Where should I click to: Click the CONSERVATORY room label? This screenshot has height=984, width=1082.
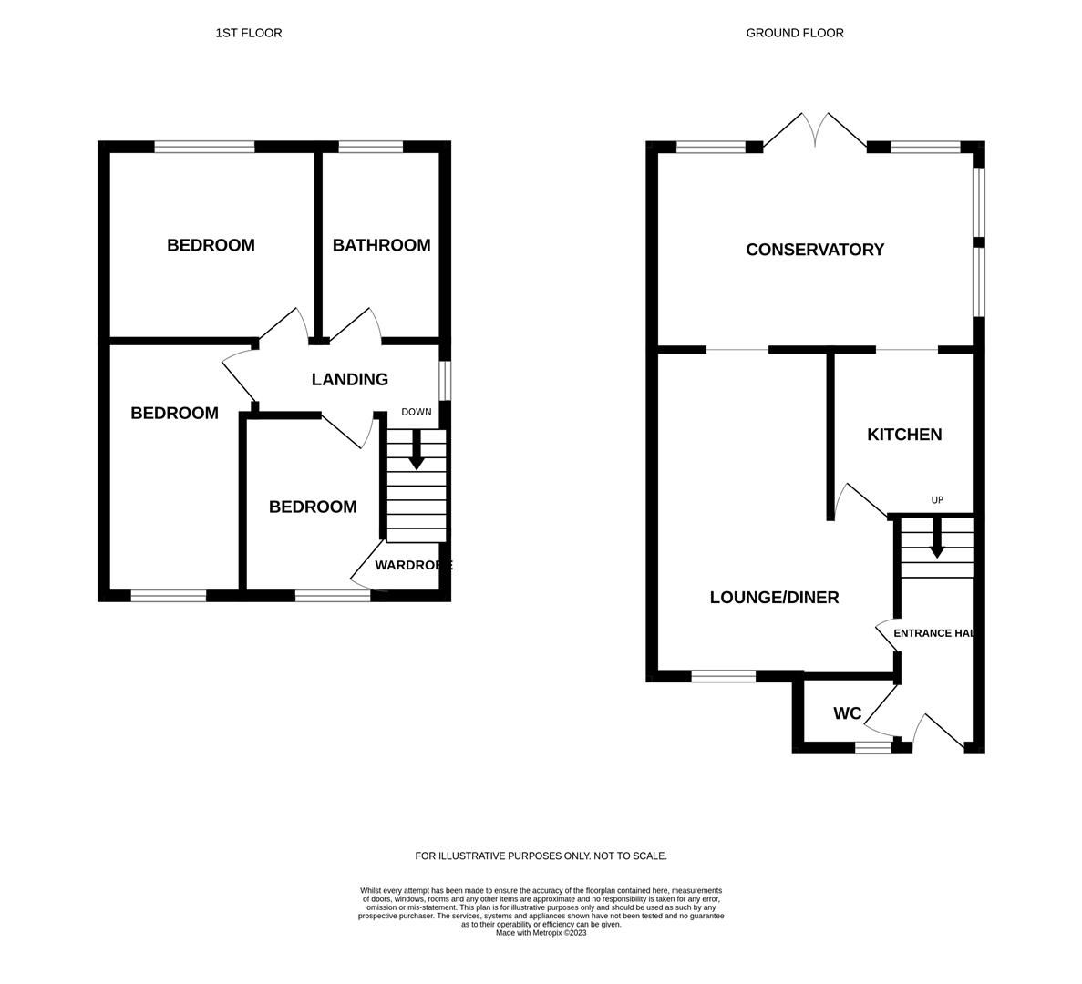815,250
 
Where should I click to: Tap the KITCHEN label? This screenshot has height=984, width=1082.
903,435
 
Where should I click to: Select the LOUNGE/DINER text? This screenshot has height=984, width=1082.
774,598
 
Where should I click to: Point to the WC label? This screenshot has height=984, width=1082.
847,713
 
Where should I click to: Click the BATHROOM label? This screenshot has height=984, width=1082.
381,245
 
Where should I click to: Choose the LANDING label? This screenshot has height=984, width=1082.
349,380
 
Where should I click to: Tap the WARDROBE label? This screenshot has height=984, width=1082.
413,566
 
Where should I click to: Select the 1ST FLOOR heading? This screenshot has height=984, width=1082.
249,33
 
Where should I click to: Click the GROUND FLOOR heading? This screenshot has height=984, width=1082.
795,33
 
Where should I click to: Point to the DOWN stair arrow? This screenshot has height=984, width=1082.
417,450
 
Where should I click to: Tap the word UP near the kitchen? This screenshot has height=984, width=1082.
937,500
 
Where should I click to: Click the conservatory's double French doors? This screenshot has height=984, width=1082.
815,130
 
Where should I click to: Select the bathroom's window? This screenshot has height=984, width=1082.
370,147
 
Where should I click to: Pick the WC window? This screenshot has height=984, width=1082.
872,748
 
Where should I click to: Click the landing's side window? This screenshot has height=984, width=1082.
445,381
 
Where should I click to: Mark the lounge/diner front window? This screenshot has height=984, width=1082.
723,676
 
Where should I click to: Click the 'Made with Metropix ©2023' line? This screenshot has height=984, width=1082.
541,933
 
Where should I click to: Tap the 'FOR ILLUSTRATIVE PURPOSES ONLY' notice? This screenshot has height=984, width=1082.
541,856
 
